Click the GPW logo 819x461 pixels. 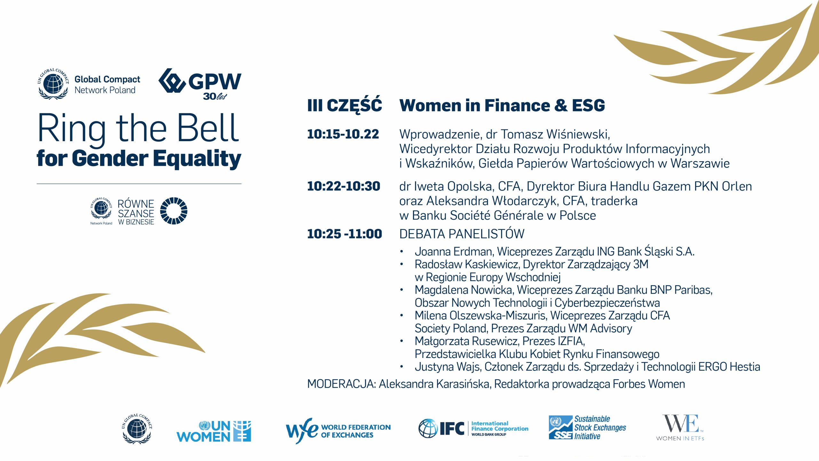pos(200,84)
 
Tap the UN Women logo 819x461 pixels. pos(214,431)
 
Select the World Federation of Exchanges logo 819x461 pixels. pos(338,431)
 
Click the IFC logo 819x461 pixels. pos(473,428)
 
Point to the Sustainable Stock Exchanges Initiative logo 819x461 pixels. pos(587,427)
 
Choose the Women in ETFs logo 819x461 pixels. pos(680,428)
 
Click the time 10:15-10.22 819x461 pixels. pos(343,134)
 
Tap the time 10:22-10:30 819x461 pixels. pos(344,186)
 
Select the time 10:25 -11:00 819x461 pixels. pos(345,234)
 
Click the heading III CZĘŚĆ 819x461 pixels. pos(345,105)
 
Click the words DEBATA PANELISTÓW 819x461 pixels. pos(462,234)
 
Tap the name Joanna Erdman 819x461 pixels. pos(454,252)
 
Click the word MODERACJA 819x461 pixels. pos(341,384)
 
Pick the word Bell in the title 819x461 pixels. pos(208,128)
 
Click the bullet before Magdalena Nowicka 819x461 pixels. pos(402,290)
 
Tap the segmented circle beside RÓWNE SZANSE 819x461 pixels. pos(174,211)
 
